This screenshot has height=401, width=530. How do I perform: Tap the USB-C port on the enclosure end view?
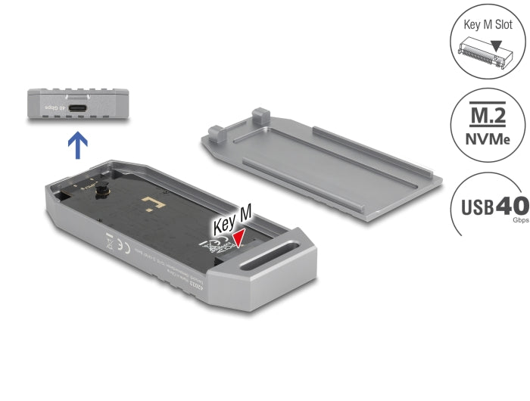[x=79, y=108]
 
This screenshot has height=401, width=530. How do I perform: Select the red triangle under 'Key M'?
[x=239, y=238]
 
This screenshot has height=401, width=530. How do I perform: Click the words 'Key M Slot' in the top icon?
[x=488, y=24]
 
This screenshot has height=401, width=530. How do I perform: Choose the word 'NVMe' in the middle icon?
[x=488, y=139]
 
